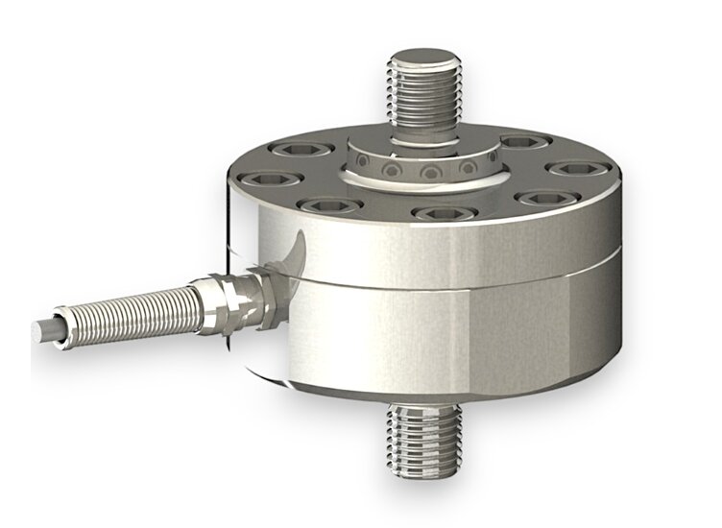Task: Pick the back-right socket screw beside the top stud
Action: click(x=520, y=143)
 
